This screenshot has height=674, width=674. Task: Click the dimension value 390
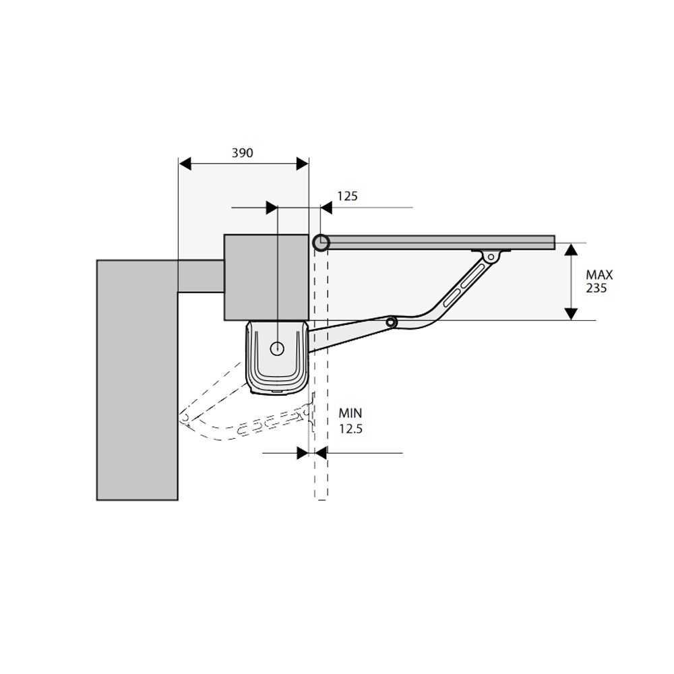coord(243,152)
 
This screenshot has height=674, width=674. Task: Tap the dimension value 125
coord(347,196)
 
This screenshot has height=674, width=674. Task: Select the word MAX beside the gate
coord(599,275)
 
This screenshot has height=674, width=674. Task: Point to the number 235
coord(596,288)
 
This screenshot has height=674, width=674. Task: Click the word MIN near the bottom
coord(350,413)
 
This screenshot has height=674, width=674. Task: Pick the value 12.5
coord(350,429)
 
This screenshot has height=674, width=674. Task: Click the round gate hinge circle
coord(321,243)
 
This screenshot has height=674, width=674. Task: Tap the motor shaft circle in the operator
coord(277,348)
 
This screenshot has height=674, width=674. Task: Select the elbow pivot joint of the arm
coord(391,322)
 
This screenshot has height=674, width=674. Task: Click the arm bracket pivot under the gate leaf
coord(491,257)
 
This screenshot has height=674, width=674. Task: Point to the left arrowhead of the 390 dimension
coord(185,164)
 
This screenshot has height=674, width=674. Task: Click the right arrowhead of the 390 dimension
coord(303,164)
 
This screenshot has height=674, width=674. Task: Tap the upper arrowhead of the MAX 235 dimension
coord(571,249)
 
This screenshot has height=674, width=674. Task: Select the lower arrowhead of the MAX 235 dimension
coord(571,314)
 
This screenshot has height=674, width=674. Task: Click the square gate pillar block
coord(266,277)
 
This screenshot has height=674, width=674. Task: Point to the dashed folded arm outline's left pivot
coord(185,418)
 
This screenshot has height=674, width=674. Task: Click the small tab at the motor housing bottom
coord(277,392)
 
